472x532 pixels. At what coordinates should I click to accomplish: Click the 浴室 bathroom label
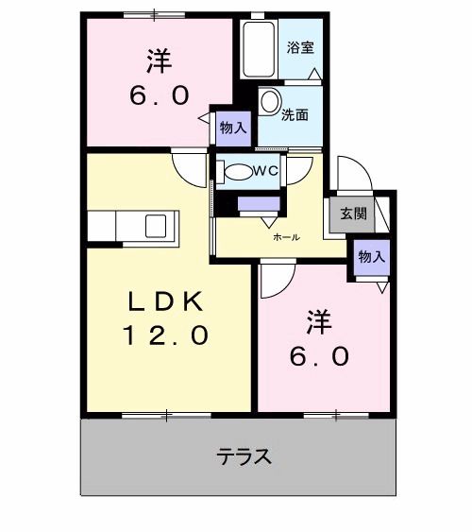pos(301,46)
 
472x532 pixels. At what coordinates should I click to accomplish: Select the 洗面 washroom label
pos(295,114)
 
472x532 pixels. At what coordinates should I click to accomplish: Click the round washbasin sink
pos(270,100)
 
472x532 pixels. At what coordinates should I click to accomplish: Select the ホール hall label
pos(286,237)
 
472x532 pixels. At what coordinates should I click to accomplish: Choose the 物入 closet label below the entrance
pos(371,256)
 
